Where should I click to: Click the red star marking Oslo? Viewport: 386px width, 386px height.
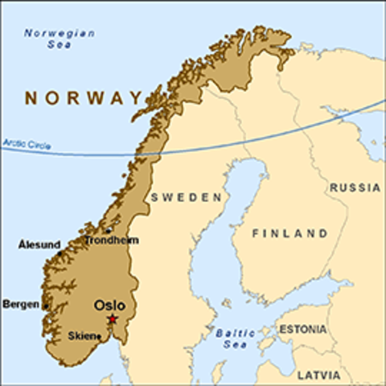pyautogui.click(x=113, y=319)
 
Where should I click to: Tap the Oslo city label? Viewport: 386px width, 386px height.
pyautogui.click(x=109, y=306)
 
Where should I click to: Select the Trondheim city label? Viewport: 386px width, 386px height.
pyautogui.click(x=112, y=240)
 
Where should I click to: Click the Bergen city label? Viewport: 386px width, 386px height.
pyautogui.click(x=21, y=304)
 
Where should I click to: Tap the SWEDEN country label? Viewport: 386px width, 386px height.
pyautogui.click(x=186, y=197)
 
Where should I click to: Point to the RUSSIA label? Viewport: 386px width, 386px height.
pyautogui.click(x=354, y=187)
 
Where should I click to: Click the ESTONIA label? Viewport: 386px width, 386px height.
pyautogui.click(x=302, y=330)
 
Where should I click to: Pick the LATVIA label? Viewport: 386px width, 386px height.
pyautogui.click(x=318, y=375)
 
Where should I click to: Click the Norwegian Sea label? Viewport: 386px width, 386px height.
pyautogui.click(x=60, y=39)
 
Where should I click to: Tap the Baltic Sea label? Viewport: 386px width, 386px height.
pyautogui.click(x=235, y=338)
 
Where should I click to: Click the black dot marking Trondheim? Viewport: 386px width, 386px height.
pyautogui.click(x=109, y=231)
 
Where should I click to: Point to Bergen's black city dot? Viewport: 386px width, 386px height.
pyautogui.click(x=46, y=306)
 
